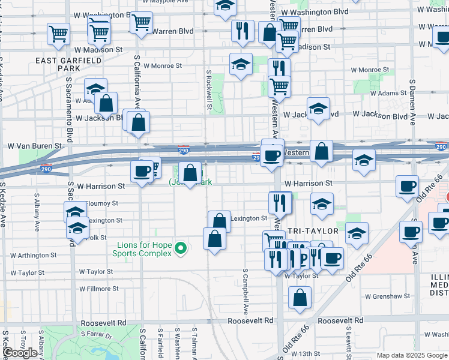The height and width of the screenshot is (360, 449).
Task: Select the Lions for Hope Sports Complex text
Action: [x=142, y=249]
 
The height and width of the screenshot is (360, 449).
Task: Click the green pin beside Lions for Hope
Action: [x=179, y=247]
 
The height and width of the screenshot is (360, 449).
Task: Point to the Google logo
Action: [x=20, y=353]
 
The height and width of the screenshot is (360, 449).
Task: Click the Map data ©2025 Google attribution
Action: [x=411, y=355]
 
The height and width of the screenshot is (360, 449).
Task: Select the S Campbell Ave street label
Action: [x=246, y=292]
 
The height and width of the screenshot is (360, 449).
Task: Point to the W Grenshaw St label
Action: [x=388, y=296]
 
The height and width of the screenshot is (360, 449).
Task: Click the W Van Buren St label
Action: [x=35, y=146]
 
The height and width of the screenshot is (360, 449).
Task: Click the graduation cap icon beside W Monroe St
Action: [x=241, y=64]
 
